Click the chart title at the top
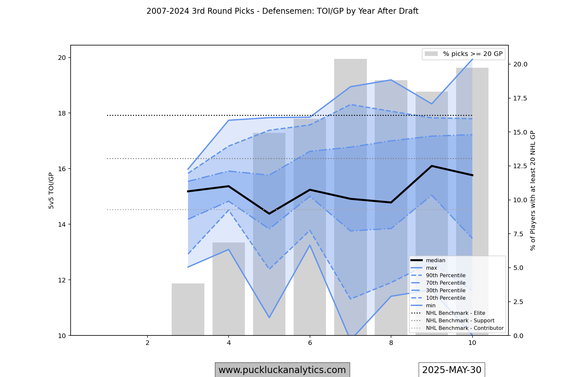[x=282, y=11]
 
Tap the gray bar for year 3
[x=188, y=309]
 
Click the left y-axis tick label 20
[x=62, y=58]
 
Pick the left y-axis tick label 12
[x=62, y=280]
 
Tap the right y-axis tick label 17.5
[x=520, y=99]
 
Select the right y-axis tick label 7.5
[x=518, y=234]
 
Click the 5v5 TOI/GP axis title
[x=51, y=190]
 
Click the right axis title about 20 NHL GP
[x=533, y=190]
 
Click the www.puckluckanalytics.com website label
[x=282, y=370]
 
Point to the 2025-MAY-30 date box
[x=452, y=370]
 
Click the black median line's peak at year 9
[x=432, y=166]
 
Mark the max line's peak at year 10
[x=472, y=59]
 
